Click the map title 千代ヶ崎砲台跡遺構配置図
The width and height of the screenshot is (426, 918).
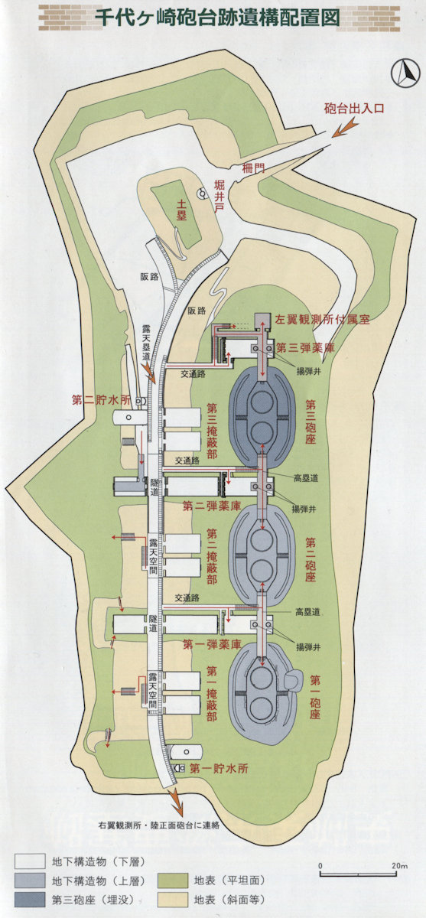tap(217, 18)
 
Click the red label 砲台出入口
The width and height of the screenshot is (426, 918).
tap(354, 109)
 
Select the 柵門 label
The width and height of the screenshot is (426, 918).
tap(253, 168)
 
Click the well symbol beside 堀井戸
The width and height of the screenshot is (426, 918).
tap(203, 194)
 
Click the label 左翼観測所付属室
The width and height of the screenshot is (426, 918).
tap(323, 319)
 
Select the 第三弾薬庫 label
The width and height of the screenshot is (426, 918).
tap(306, 347)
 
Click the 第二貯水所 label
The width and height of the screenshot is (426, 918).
tap(102, 400)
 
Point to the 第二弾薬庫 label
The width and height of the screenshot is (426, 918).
tap(212, 506)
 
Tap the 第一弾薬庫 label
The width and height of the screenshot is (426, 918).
tap(212, 644)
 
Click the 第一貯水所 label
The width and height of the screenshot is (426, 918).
tap(220, 768)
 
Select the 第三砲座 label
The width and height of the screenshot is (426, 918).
tap(311, 423)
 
